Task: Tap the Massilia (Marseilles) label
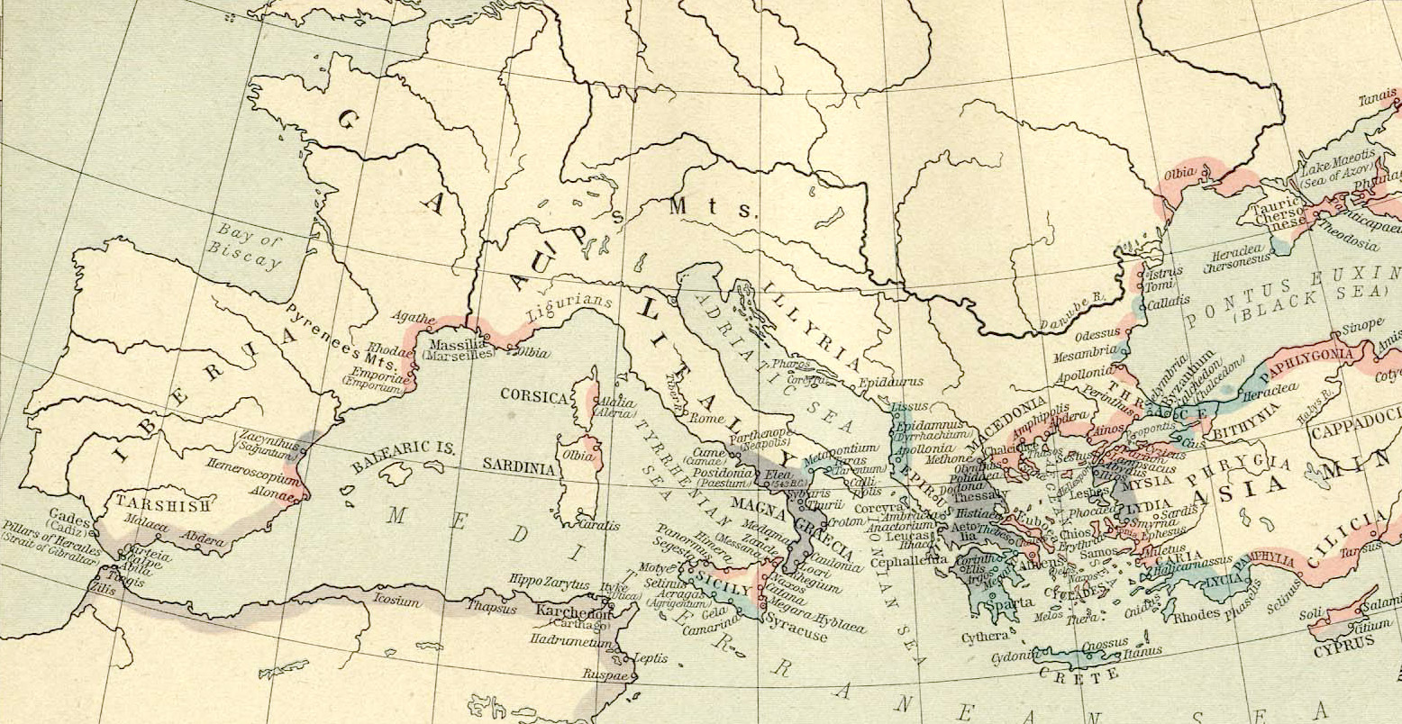[x=461, y=348]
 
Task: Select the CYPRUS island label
[x=1343, y=642]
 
